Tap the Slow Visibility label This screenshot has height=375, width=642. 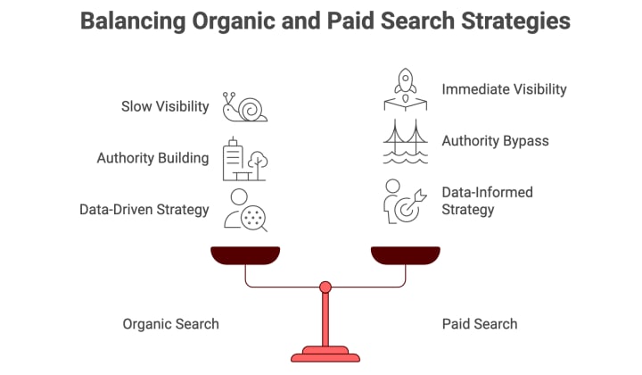click(x=165, y=107)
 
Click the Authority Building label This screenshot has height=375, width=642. click(x=152, y=158)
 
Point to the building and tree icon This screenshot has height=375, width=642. click(x=244, y=159)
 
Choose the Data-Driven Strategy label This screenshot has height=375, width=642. click(x=144, y=210)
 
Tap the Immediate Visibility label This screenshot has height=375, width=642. click(x=504, y=89)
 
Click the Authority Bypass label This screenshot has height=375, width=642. click(x=495, y=141)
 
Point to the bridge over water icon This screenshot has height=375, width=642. click(x=406, y=142)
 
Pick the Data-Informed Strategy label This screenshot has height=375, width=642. click(x=486, y=201)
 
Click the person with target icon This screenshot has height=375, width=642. click(x=404, y=201)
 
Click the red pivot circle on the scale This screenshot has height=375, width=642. click(x=325, y=287)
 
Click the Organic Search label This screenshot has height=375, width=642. click(x=170, y=323)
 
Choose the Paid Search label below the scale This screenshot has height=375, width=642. click(x=480, y=323)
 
